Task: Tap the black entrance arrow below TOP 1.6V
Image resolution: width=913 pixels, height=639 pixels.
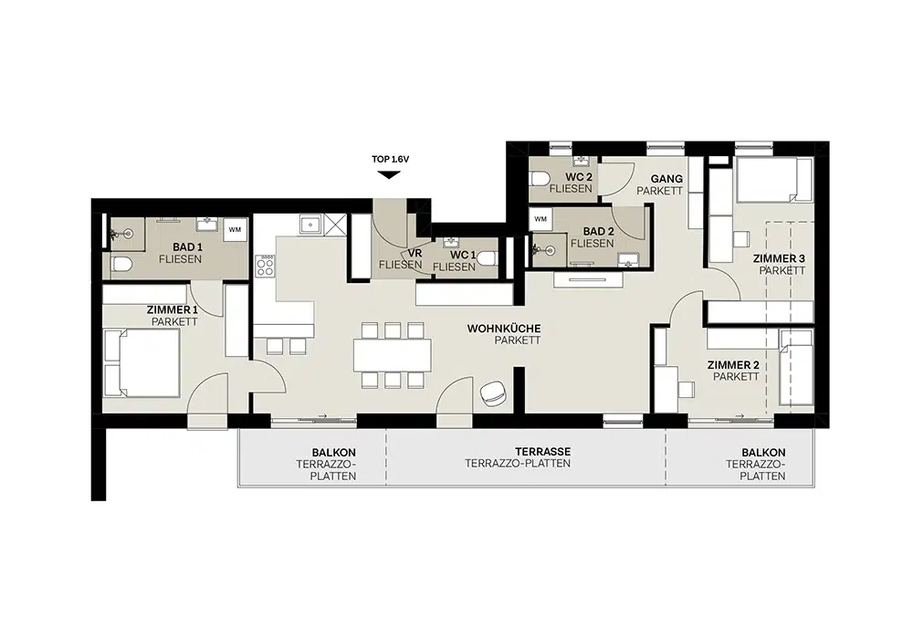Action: tap(388, 174)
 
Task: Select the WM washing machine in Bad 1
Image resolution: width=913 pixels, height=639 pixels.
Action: tap(235, 229)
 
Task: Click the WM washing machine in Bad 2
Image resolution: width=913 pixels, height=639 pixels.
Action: tap(540, 219)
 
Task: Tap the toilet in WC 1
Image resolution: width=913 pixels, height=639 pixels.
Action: tap(488, 257)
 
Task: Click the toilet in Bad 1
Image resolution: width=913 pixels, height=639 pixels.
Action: tap(121, 266)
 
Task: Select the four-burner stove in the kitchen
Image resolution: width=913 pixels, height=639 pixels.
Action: tap(265, 267)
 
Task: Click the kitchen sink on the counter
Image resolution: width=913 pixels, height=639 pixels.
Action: tap(310, 224)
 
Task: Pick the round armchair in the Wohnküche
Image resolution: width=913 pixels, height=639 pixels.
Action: tap(493, 393)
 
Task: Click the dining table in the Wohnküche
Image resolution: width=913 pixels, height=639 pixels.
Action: tap(392, 355)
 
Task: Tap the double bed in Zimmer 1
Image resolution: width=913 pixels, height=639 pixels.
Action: tap(142, 363)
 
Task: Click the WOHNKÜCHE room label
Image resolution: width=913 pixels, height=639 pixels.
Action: tap(504, 329)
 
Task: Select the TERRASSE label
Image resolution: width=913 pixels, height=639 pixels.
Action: tap(542, 452)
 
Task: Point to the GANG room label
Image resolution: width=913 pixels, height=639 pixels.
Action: tap(666, 179)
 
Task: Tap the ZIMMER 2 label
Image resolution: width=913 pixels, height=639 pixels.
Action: tap(733, 365)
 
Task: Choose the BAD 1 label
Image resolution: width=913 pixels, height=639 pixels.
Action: tap(187, 247)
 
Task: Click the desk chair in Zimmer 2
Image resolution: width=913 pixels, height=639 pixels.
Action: tap(686, 389)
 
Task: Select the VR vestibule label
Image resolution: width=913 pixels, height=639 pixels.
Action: tap(415, 254)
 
